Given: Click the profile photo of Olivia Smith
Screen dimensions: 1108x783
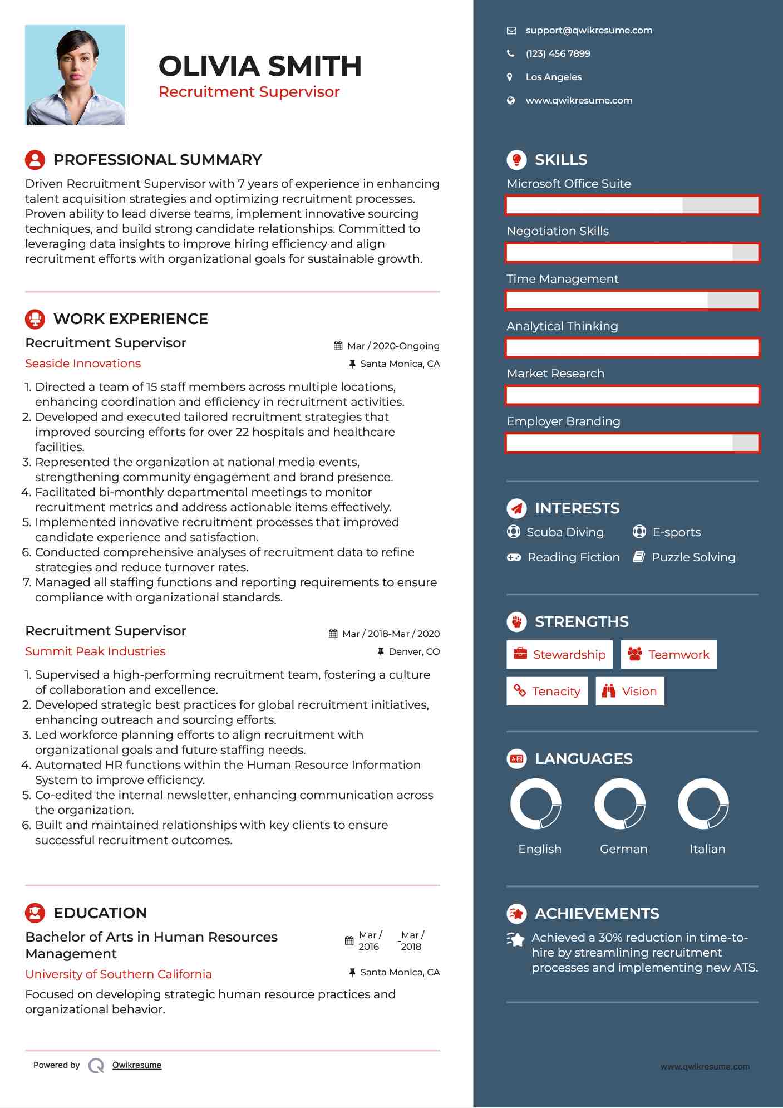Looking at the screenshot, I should (75, 75).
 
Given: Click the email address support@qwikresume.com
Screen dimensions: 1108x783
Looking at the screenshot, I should (589, 31).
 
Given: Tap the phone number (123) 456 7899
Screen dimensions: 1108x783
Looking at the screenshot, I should (558, 54).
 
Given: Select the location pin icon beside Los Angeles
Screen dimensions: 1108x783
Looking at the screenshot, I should (510, 77).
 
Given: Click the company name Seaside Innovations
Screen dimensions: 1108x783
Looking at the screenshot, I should (83, 364).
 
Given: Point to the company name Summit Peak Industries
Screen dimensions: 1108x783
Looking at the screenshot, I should (95, 651).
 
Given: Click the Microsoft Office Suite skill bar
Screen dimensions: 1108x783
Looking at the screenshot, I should (632, 205).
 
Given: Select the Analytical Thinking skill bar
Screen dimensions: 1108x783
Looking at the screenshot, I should (632, 347).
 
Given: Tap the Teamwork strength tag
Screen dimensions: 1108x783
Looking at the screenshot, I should (668, 655).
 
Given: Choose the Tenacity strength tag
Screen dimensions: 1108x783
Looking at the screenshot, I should (546, 692).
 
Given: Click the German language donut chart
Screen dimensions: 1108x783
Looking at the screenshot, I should (620, 804).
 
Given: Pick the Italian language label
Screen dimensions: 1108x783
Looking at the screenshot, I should (707, 849).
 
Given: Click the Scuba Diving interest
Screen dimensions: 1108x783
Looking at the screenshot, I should (564, 532).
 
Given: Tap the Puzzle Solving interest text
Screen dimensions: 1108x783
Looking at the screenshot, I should (693, 557).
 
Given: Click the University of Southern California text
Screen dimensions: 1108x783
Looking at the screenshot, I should (119, 974).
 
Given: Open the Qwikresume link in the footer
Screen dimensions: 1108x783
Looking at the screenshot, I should (137, 1065).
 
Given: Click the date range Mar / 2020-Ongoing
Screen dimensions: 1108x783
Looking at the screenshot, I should (393, 346).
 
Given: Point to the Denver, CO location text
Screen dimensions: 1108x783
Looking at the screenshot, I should (413, 651).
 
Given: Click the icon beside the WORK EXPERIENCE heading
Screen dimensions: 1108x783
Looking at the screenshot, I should (35, 319).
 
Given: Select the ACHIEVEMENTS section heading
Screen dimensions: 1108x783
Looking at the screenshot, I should (597, 914).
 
